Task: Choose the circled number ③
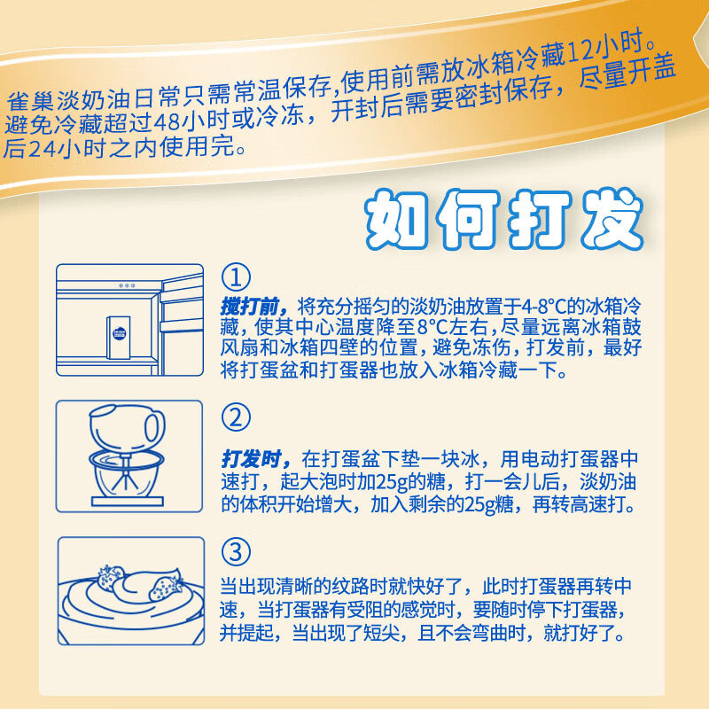tap(236, 553)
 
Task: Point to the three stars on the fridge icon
tap(127, 286)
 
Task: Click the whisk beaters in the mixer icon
tap(127, 474)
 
